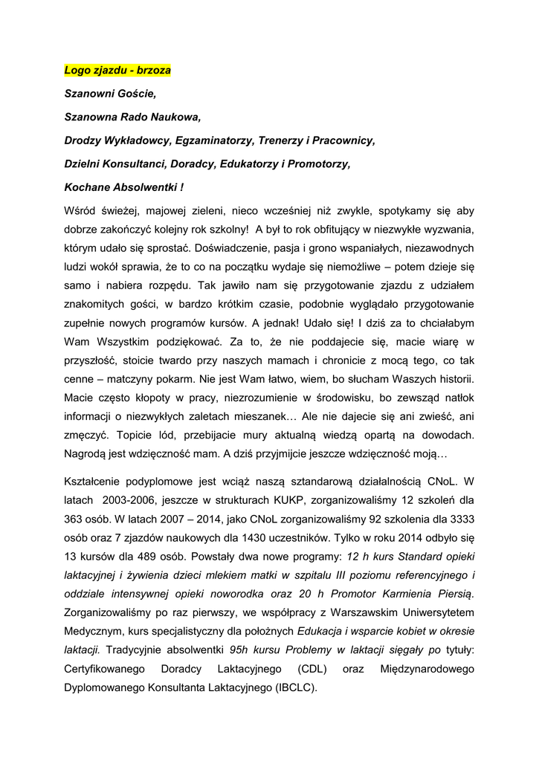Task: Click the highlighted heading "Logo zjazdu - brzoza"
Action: pos(117,71)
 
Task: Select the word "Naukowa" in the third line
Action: pos(176,117)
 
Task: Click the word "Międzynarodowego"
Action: pos(427,669)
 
